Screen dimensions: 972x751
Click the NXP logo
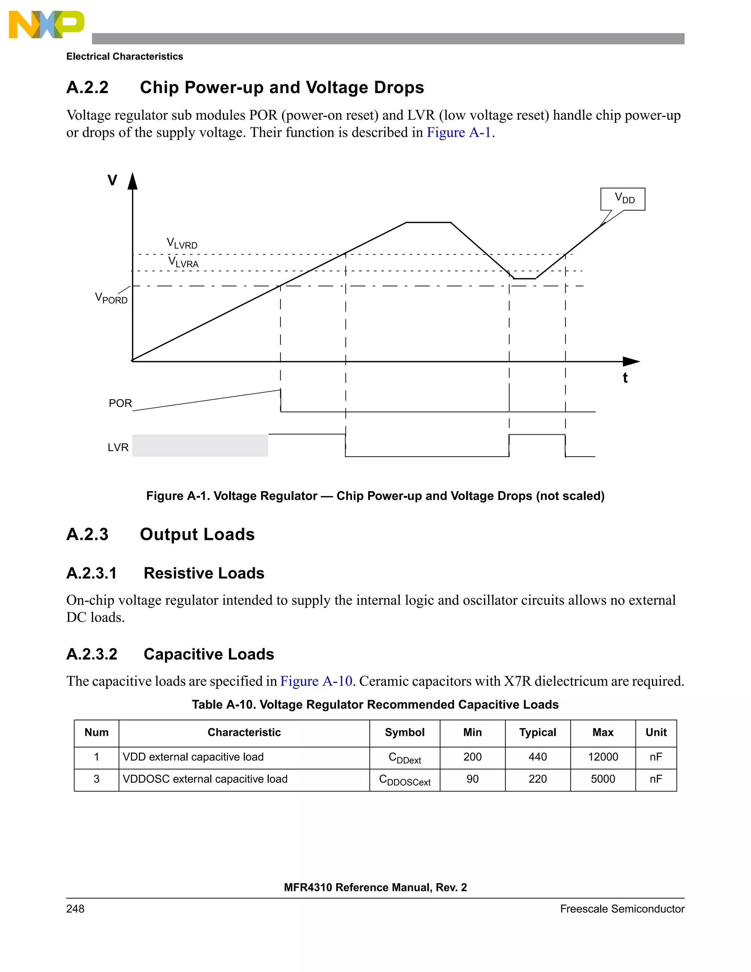click(x=46, y=25)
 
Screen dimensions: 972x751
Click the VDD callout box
click(x=622, y=199)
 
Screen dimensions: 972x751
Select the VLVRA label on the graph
click(x=183, y=262)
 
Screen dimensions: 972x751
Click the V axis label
click(x=113, y=180)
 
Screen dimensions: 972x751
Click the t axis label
click(x=625, y=378)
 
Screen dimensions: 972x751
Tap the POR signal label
click(x=120, y=403)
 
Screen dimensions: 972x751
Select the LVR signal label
click(x=118, y=447)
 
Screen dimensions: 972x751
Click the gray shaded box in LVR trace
click(x=200, y=446)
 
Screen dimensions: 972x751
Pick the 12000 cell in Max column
click(x=603, y=757)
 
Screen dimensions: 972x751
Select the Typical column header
click(x=538, y=732)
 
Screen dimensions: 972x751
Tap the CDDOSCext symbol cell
click(x=404, y=780)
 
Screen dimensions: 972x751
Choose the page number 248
click(x=75, y=909)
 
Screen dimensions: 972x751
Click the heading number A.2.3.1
click(x=92, y=573)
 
